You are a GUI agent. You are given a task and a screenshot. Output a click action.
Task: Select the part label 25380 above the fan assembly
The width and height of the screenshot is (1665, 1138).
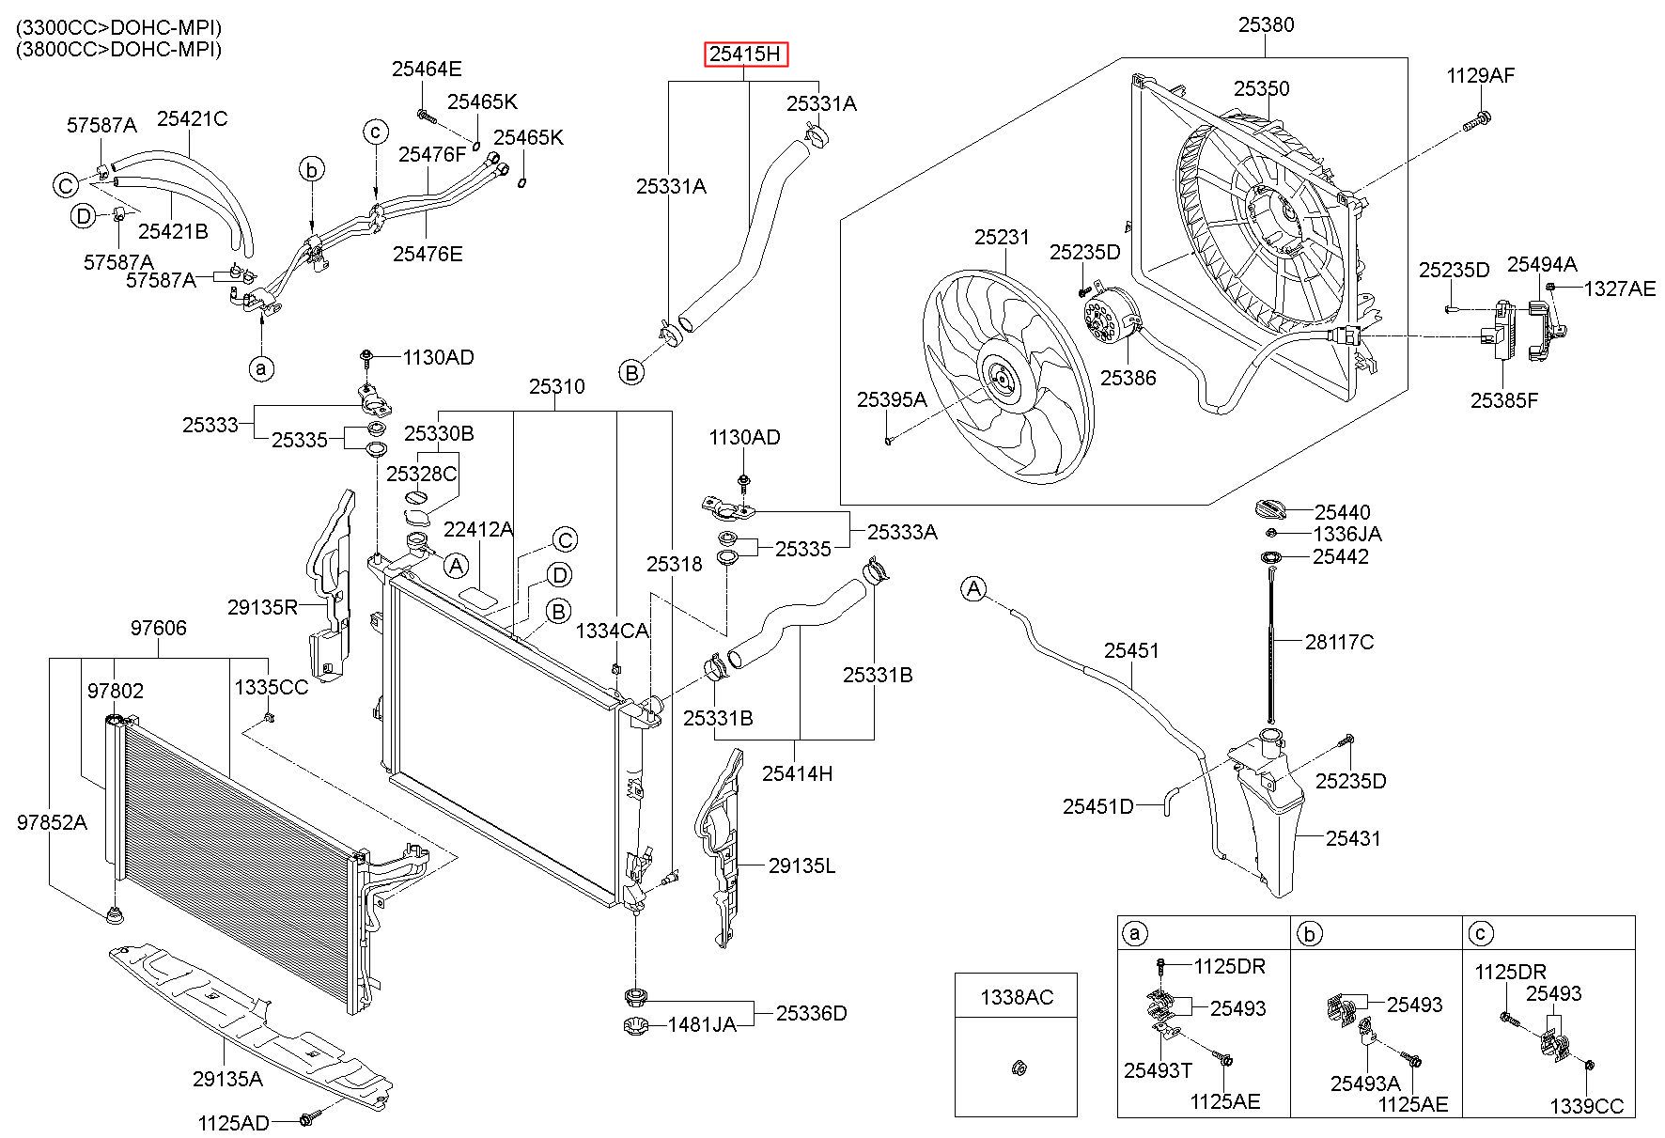pyautogui.click(x=1266, y=25)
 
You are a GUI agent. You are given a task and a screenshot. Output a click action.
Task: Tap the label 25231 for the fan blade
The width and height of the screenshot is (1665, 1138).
pyautogui.click(x=1002, y=239)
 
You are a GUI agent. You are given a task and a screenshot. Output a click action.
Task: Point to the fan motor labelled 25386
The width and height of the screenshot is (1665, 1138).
pyautogui.click(x=1110, y=321)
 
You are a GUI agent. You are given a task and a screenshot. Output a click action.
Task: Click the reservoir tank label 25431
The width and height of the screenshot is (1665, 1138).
pyautogui.click(x=1353, y=838)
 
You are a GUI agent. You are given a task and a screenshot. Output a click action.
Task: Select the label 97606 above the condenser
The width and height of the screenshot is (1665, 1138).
pyautogui.click(x=158, y=629)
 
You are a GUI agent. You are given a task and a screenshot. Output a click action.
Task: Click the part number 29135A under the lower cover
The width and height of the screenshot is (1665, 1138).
pyautogui.click(x=227, y=1079)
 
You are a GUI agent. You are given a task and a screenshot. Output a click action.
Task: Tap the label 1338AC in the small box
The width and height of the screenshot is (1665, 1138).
pyautogui.click(x=1017, y=997)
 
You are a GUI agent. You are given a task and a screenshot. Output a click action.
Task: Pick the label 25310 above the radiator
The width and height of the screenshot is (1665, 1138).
pyautogui.click(x=556, y=387)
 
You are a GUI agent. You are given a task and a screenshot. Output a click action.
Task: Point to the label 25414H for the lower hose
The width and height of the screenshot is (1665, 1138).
pyautogui.click(x=797, y=774)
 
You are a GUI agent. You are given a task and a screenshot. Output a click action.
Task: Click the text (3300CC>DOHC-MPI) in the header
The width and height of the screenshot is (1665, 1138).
pyautogui.click(x=118, y=28)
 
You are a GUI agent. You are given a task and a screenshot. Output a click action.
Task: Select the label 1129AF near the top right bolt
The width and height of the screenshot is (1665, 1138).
pyautogui.click(x=1480, y=76)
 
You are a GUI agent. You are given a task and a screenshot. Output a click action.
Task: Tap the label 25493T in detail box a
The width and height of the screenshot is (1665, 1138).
pyautogui.click(x=1158, y=1070)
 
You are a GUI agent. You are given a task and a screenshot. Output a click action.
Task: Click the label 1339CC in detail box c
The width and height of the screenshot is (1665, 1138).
pyautogui.click(x=1586, y=1107)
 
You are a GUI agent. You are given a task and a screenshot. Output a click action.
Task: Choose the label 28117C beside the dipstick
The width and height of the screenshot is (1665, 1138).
pyautogui.click(x=1339, y=643)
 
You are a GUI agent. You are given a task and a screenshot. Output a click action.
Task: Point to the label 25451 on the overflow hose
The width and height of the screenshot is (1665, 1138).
pyautogui.click(x=1131, y=651)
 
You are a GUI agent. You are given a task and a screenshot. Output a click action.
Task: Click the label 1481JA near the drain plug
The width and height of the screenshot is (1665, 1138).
pyautogui.click(x=702, y=1024)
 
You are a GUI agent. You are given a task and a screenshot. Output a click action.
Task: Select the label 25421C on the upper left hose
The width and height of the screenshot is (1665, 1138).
pyautogui.click(x=192, y=119)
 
